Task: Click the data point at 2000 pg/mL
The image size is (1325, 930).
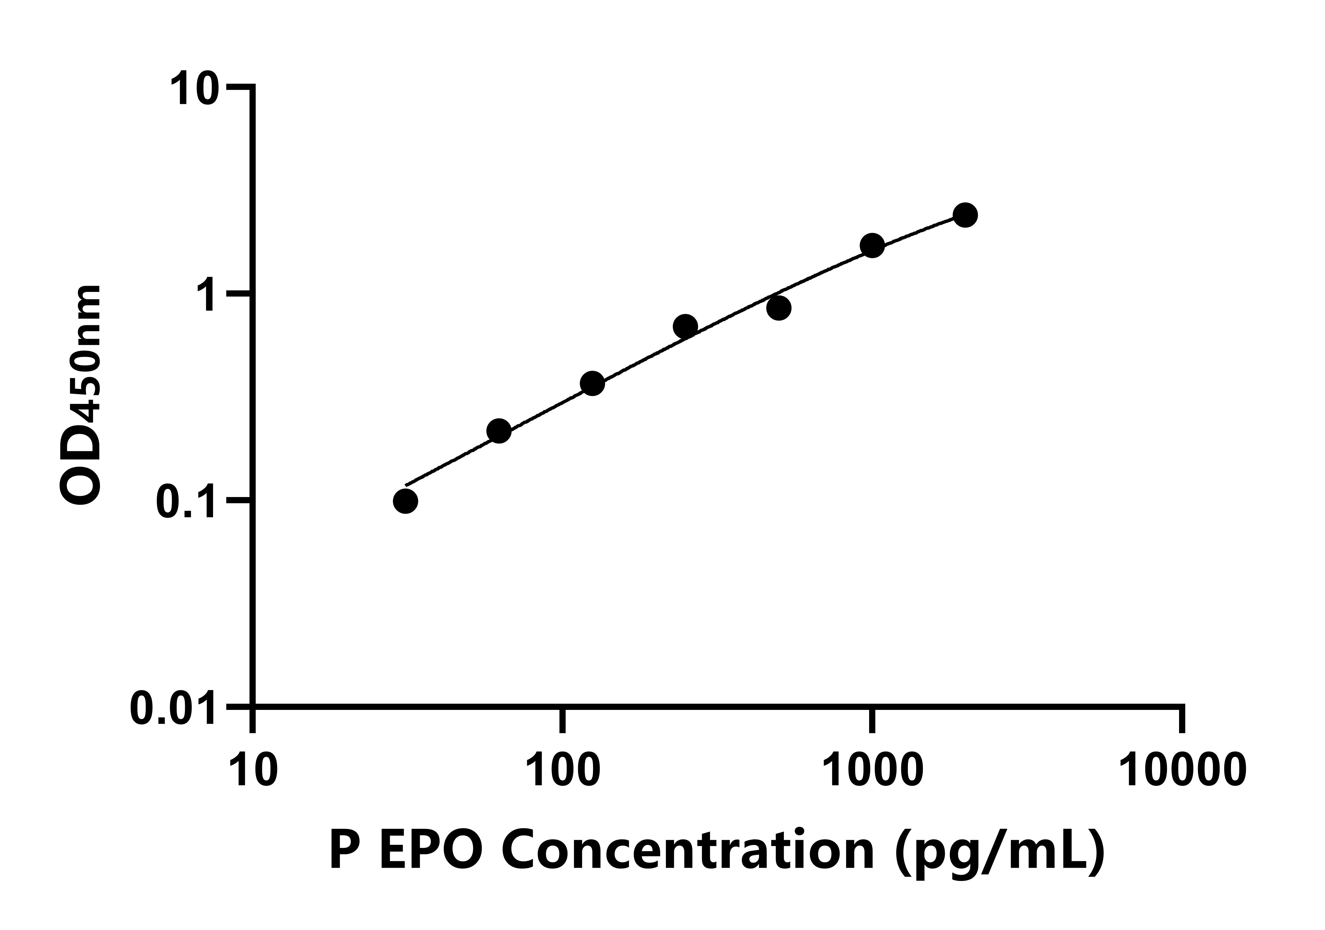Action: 965,215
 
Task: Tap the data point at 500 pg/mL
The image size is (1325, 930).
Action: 779,308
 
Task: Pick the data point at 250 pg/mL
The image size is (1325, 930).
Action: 685,327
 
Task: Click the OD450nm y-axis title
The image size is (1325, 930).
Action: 81,396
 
